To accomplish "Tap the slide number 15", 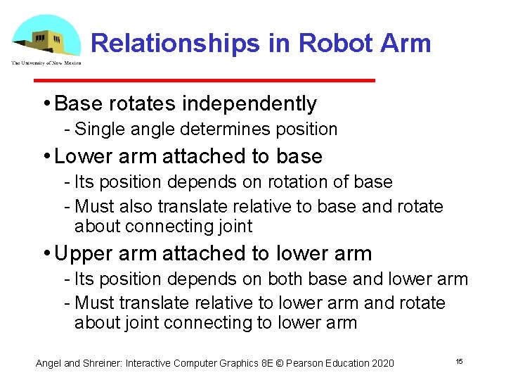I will (459, 361).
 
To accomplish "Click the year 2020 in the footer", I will (382, 363).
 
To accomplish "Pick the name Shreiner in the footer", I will (106, 363).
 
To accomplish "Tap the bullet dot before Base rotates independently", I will (46, 104).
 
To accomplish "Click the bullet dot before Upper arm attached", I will (46, 253).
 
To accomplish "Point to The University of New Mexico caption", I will (46, 63).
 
